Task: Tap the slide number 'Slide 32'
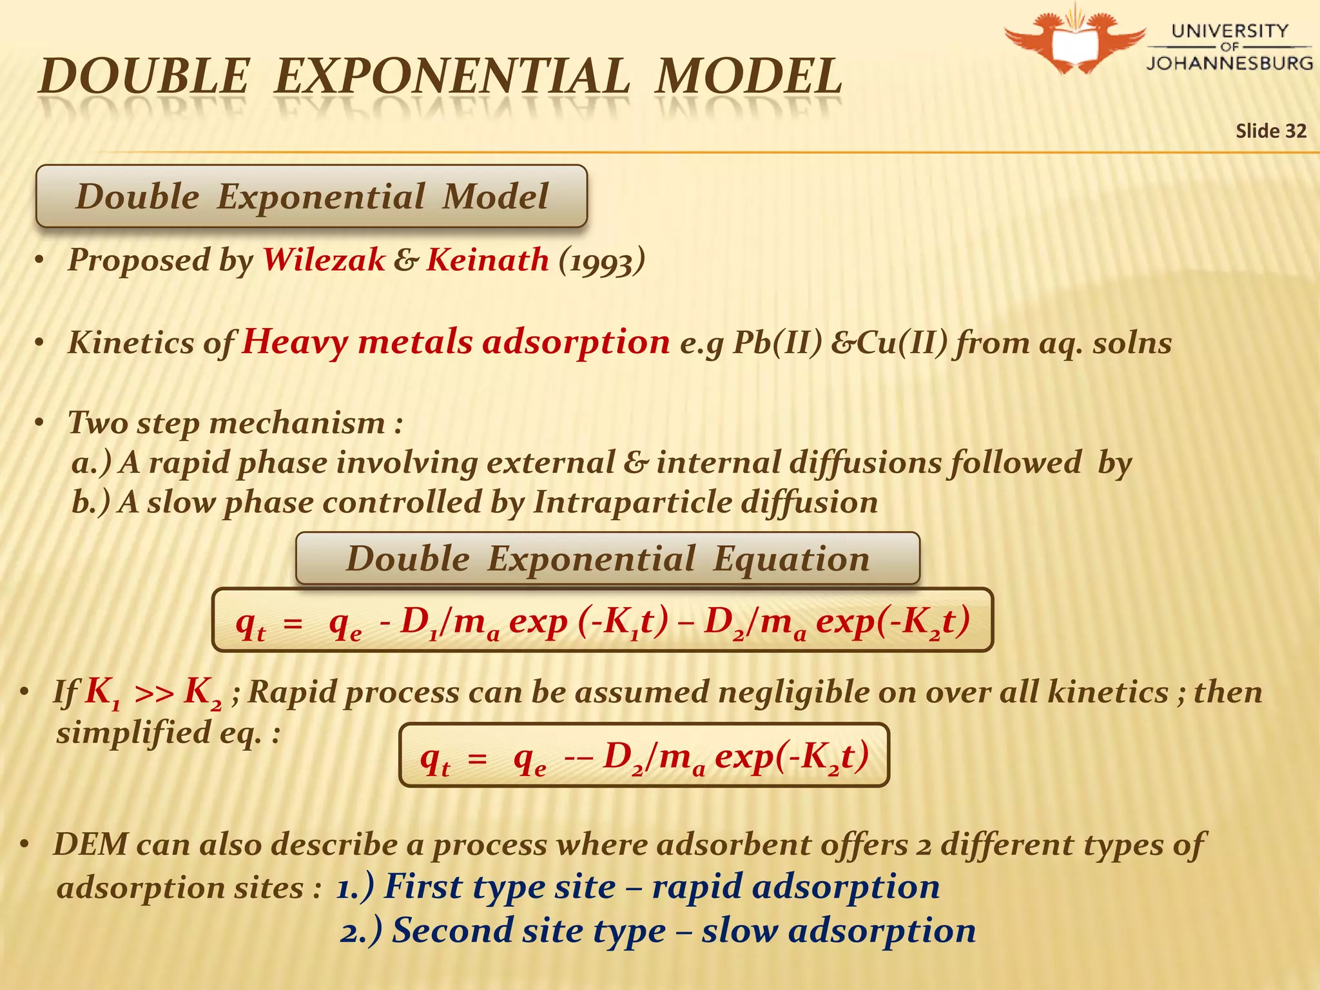pyautogui.click(x=1270, y=131)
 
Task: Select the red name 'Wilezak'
pyautogui.click(x=324, y=260)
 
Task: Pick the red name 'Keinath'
pyautogui.click(x=488, y=260)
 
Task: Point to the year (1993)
pyautogui.click(x=602, y=262)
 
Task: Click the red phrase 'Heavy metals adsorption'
pyautogui.click(x=456, y=342)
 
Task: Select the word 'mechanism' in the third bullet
pyautogui.click(x=297, y=423)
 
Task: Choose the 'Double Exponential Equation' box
pyautogui.click(x=607, y=558)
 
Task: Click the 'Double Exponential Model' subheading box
pyautogui.click(x=311, y=196)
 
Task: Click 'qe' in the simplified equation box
pyautogui.click(x=530, y=758)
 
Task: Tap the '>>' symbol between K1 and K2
pyautogui.click(x=154, y=694)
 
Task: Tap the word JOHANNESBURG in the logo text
pyautogui.click(x=1229, y=63)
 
